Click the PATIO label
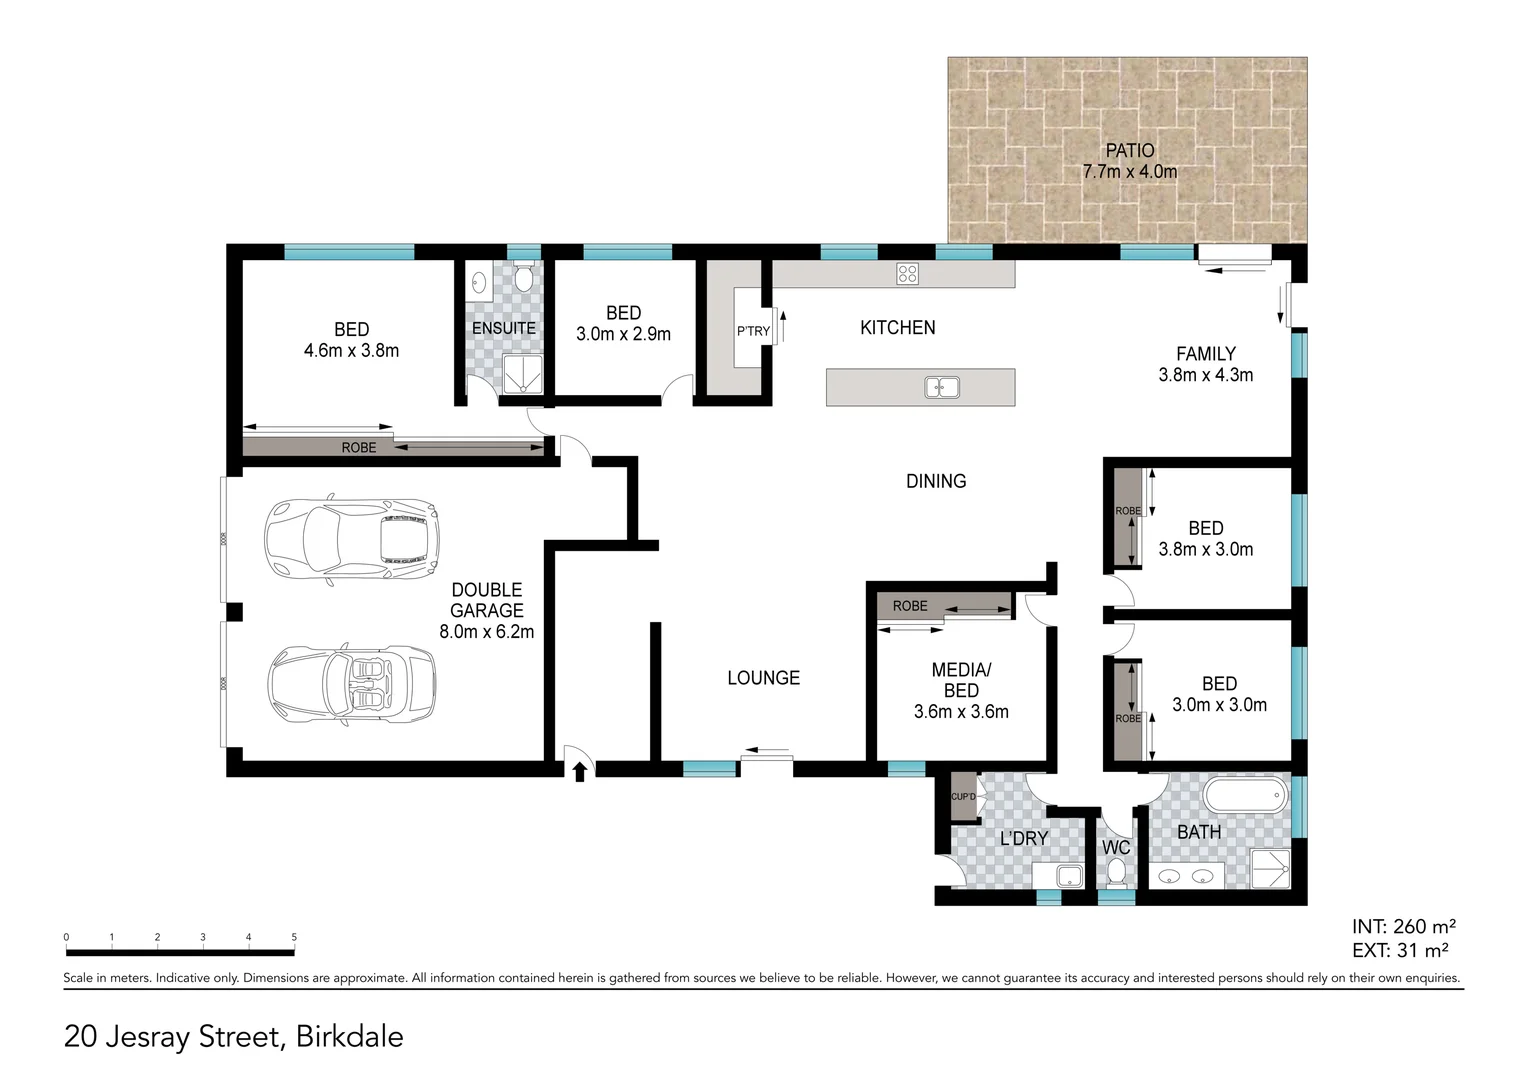[1129, 151]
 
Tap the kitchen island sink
[941, 387]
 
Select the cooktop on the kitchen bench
[907, 273]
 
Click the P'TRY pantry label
[753, 331]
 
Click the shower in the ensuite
[522, 374]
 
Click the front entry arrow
[579, 771]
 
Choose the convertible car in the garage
[352, 683]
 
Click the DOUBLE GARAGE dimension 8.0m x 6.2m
[486, 632]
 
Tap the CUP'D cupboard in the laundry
[963, 797]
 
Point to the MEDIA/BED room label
[961, 680]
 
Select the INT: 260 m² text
[1403, 927]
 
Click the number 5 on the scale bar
[294, 937]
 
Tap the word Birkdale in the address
[349, 1037]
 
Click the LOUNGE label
[763, 678]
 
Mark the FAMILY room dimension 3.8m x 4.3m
[1205, 376]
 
